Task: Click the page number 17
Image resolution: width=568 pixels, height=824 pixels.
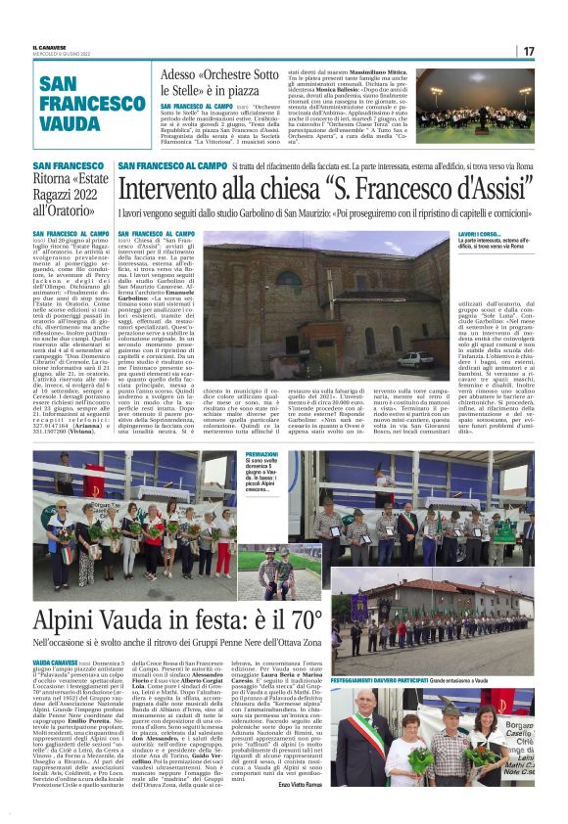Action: click(529, 51)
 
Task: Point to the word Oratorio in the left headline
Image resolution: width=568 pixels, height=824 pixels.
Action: click(80, 209)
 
